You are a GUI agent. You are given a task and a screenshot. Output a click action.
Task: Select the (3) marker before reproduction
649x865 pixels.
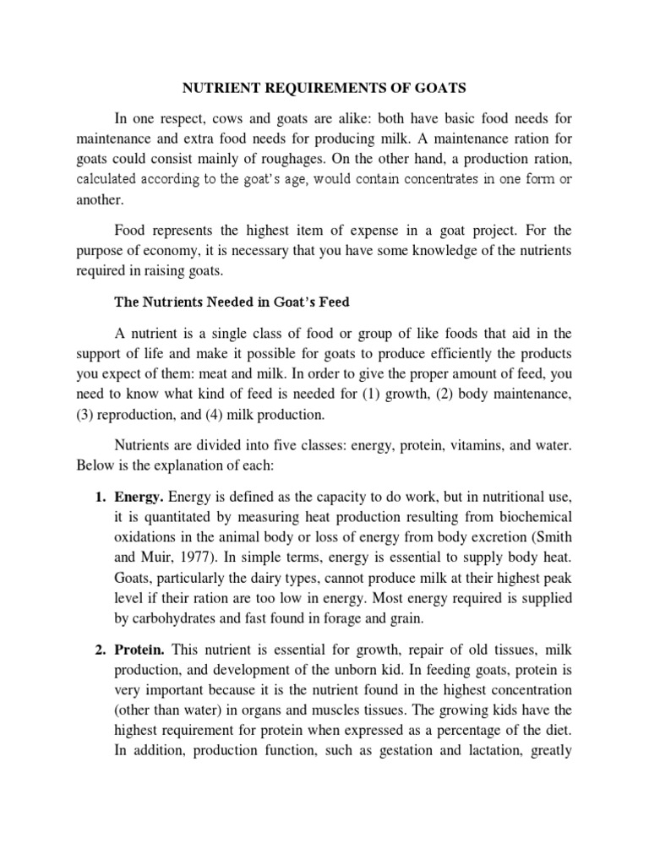[87, 415]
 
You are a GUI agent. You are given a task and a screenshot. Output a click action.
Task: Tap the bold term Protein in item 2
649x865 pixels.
[139, 649]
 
